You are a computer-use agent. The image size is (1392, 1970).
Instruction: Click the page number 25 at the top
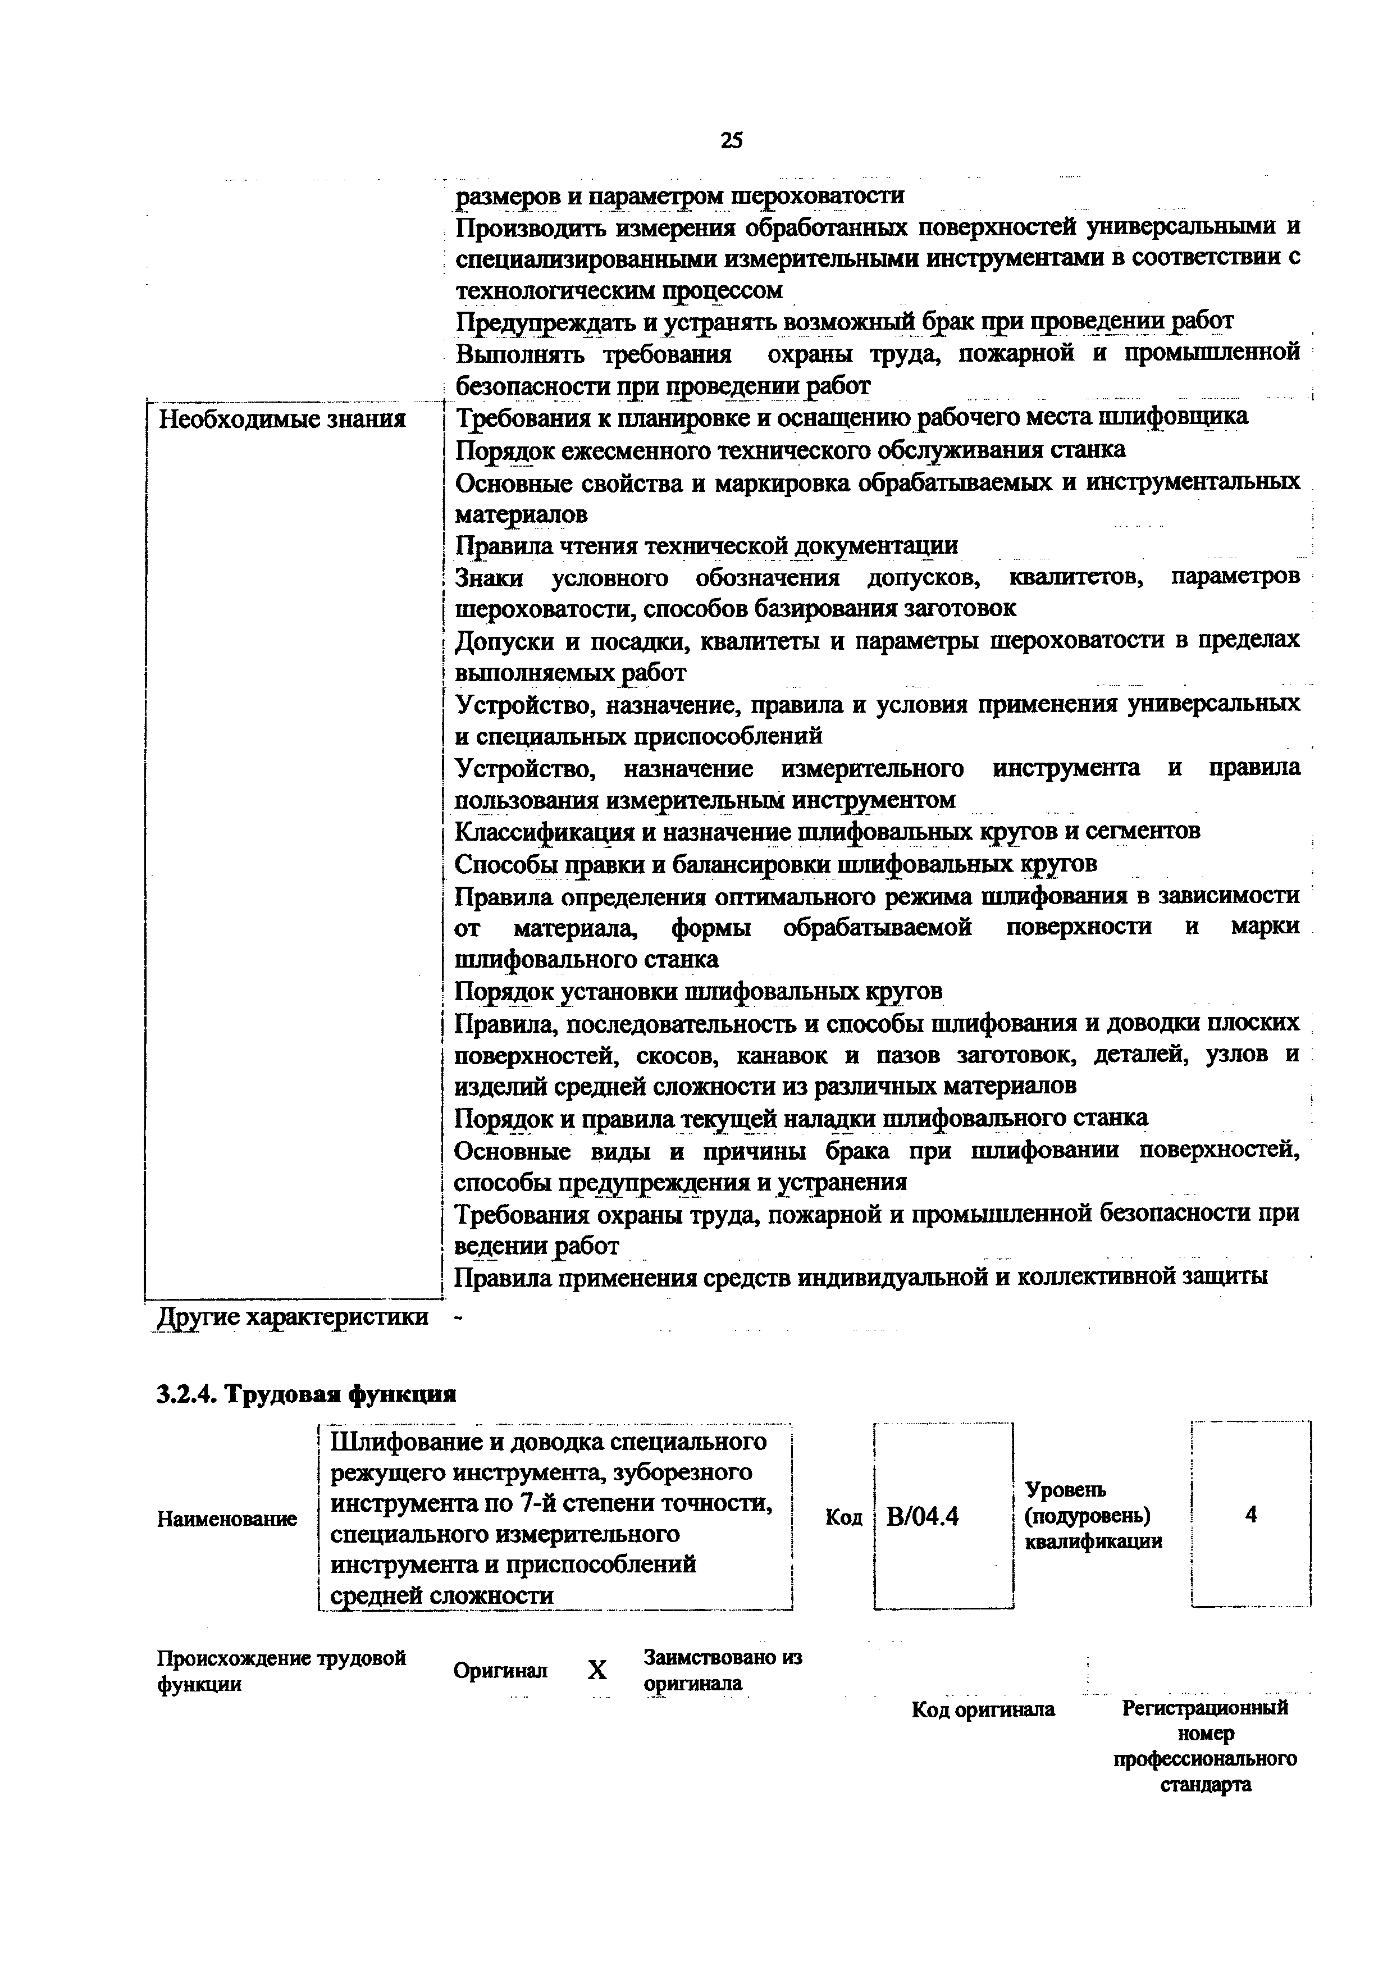click(x=732, y=141)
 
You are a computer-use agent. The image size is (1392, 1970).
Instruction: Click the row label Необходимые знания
click(x=282, y=419)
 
